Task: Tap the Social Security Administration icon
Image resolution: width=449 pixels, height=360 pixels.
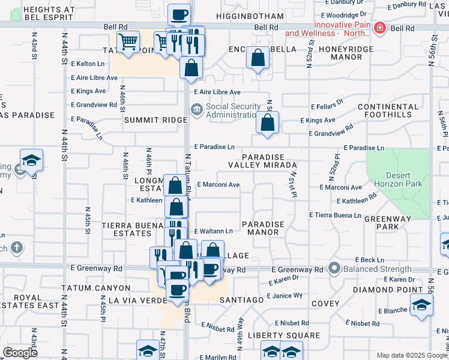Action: click(196, 109)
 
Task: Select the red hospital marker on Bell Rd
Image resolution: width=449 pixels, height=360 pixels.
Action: click(379, 28)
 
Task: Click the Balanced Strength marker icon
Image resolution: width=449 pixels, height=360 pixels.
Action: click(335, 269)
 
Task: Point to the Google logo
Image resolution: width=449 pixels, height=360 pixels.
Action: click(20, 353)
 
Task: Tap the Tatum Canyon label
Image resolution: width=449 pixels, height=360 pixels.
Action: click(95, 289)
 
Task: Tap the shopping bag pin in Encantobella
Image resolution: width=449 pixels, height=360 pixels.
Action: click(258, 59)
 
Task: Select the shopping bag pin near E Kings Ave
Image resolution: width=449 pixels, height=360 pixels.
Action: click(267, 122)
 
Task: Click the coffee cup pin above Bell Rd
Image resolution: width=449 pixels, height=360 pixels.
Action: click(178, 14)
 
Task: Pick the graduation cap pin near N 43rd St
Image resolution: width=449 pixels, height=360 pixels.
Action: click(31, 160)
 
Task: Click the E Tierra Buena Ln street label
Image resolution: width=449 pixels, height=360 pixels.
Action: click(335, 214)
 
